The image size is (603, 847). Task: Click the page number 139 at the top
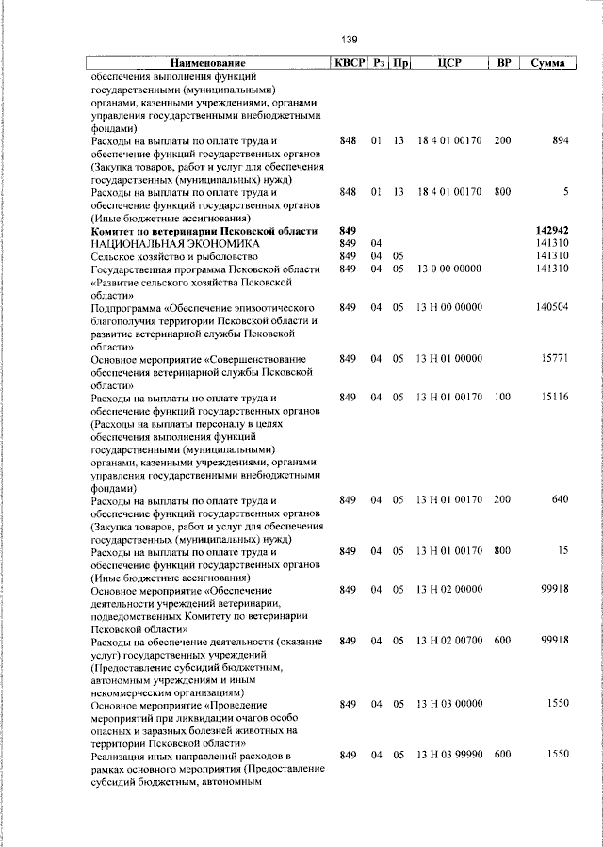[x=349, y=39]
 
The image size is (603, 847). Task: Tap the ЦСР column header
[x=448, y=63]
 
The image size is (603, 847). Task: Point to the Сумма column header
[x=547, y=63]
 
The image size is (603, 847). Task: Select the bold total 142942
[x=552, y=231]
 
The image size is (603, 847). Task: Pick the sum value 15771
[x=555, y=359]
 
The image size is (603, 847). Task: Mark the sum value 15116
[x=555, y=398]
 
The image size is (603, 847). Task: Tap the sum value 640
[x=560, y=499]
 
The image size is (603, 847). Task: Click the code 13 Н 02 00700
[x=448, y=641]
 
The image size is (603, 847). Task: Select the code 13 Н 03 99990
[x=448, y=756]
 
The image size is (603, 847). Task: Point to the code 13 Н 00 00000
[x=448, y=307]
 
